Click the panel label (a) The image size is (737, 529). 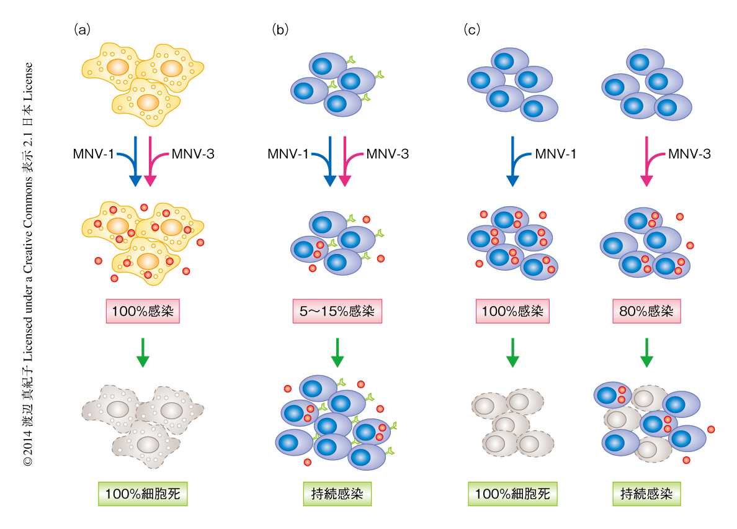click(83, 29)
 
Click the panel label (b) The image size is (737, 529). click(280, 29)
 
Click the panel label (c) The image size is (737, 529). click(472, 29)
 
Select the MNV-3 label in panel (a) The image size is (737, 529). click(193, 153)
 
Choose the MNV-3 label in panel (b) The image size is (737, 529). click(388, 153)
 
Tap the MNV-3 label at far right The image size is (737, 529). click(689, 153)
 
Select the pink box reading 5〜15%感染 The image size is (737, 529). click(337, 311)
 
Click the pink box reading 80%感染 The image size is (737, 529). click(646, 311)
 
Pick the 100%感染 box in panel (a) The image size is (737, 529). click(143, 311)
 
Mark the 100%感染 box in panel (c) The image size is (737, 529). click(512, 311)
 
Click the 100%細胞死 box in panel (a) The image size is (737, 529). click(143, 494)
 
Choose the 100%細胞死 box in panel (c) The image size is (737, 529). click(512, 494)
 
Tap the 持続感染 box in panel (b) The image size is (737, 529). click(337, 494)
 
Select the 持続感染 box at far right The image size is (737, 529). click(646, 494)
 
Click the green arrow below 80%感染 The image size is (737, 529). click(646, 351)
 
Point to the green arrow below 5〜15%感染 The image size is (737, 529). click(337, 351)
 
